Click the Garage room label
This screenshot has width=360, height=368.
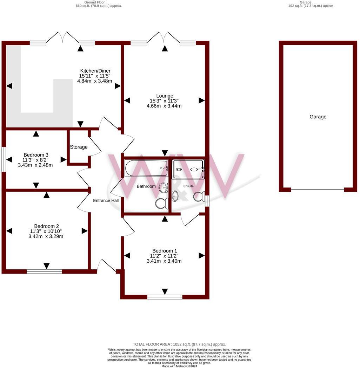(318, 117)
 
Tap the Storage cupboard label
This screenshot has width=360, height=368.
(79, 147)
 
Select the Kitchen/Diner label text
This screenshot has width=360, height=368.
(95, 71)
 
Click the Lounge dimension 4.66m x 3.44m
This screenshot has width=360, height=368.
(165, 106)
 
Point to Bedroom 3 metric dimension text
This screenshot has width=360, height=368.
(35, 165)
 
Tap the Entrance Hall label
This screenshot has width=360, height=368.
(106, 201)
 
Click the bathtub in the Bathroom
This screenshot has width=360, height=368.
(146, 169)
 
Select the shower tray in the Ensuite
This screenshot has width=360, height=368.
(188, 169)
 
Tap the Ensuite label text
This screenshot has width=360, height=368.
(188, 186)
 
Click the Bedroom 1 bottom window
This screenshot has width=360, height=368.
(165, 297)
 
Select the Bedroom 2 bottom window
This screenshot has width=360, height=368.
(44, 271)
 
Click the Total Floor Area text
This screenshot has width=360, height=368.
(179, 344)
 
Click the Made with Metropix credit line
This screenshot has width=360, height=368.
(179, 366)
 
